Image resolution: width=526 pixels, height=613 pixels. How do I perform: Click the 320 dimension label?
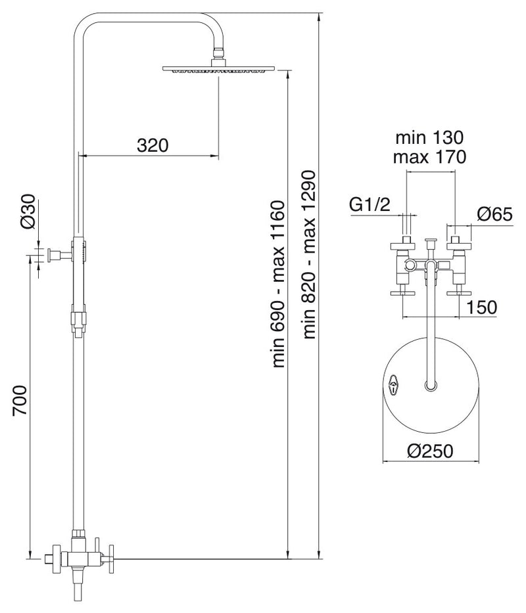click(153, 145)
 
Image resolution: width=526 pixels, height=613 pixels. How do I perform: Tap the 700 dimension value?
click(20, 401)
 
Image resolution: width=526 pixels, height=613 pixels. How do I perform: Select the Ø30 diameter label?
click(28, 212)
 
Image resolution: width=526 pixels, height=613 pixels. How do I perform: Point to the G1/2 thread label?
click(370, 204)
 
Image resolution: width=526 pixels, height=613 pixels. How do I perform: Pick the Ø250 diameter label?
click(430, 451)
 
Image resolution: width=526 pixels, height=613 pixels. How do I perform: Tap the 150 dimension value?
click(481, 307)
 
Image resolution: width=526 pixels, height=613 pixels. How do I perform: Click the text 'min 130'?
click(429, 137)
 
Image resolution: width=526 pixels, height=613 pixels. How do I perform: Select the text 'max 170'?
click(429, 157)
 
